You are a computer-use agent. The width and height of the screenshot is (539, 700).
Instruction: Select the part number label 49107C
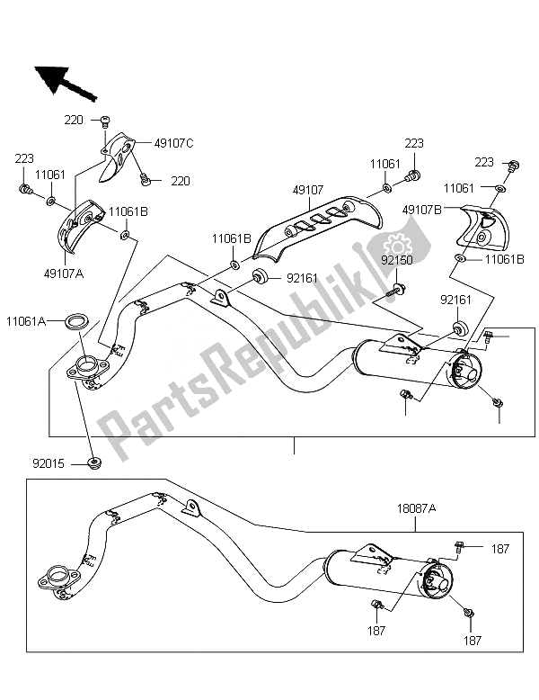[x=174, y=141]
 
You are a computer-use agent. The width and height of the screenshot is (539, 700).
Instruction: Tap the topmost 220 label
[x=76, y=119]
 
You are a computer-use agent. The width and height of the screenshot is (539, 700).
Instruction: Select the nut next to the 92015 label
[x=96, y=463]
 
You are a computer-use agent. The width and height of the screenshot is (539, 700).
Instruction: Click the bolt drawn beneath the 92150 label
[x=398, y=291]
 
